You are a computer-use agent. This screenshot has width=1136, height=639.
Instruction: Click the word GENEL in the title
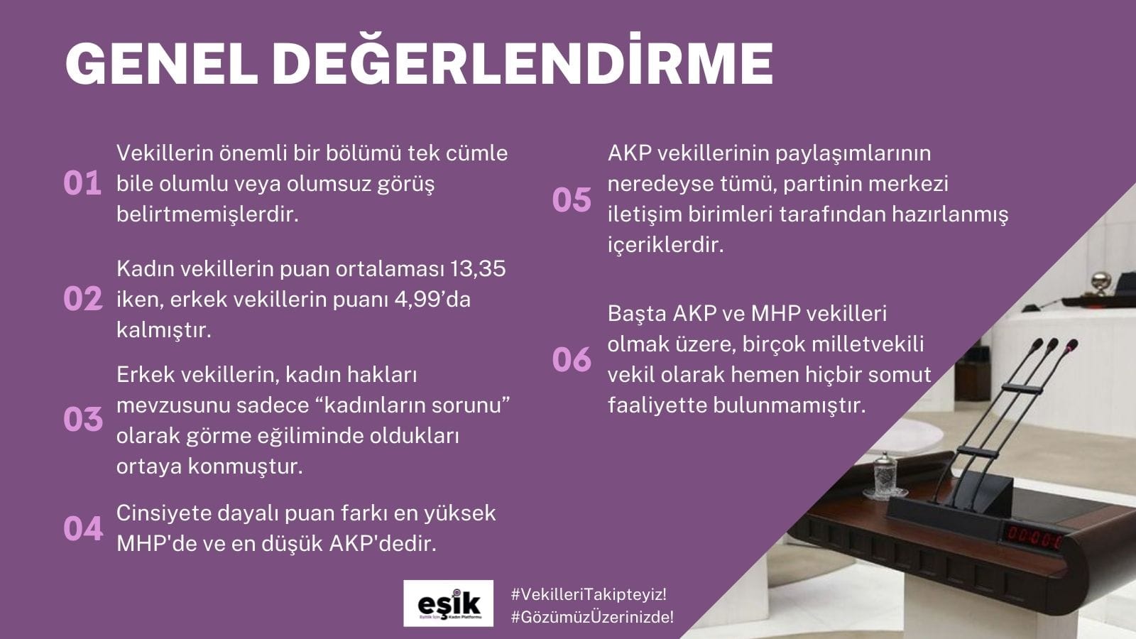click(x=162, y=64)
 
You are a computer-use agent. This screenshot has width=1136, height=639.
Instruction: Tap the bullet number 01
click(x=82, y=183)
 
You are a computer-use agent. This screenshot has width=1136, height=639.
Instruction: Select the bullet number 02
click(x=83, y=299)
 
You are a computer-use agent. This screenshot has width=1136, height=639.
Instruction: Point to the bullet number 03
click(x=83, y=420)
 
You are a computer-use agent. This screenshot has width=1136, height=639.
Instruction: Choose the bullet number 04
click(x=83, y=528)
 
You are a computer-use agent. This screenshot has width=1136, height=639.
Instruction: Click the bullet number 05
click(x=572, y=200)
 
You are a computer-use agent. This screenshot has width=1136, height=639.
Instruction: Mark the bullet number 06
click(x=572, y=359)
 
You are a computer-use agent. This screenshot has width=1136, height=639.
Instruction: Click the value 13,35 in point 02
click(x=478, y=269)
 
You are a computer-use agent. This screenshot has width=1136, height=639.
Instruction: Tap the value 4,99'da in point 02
click(x=432, y=300)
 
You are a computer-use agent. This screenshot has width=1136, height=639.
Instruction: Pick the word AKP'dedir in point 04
click(x=383, y=544)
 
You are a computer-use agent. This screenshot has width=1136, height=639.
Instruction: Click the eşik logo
click(x=448, y=603)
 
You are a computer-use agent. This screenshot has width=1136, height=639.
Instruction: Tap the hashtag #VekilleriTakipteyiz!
click(x=589, y=594)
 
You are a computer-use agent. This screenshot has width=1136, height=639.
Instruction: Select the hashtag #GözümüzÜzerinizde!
click(x=592, y=617)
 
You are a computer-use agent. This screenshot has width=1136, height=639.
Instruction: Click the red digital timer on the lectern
click(x=1034, y=537)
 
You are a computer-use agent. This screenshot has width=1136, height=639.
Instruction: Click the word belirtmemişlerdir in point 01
click(x=207, y=214)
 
